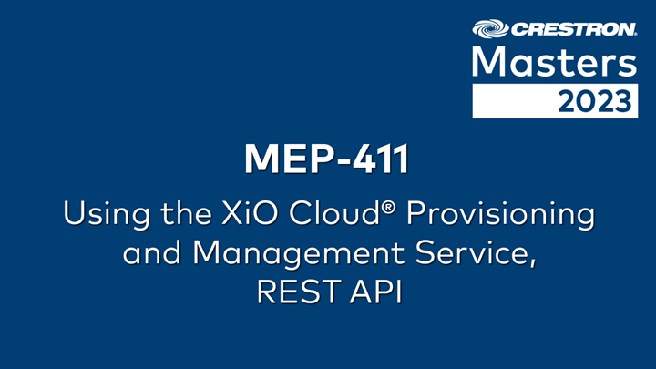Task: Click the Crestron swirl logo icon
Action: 487,29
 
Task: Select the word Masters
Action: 553,64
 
